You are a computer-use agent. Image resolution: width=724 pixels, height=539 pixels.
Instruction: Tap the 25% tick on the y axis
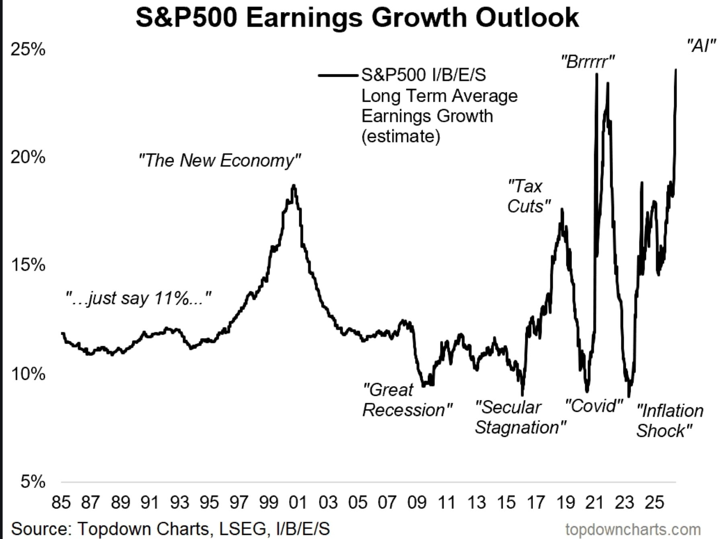[28, 50]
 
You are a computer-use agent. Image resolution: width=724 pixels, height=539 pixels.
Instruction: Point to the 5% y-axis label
[33, 481]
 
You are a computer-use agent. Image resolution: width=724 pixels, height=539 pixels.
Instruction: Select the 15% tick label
[28, 265]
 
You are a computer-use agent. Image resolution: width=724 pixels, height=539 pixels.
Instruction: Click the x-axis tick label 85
[61, 503]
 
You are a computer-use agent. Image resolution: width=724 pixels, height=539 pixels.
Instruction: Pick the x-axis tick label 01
[298, 503]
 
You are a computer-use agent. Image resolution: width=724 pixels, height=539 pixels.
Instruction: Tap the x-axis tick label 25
[654, 503]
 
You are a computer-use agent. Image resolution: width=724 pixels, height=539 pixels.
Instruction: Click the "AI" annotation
[701, 46]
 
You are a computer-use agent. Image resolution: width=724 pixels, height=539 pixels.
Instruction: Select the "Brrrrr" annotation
[588, 62]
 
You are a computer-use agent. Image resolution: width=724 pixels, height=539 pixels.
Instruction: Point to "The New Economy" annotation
[219, 160]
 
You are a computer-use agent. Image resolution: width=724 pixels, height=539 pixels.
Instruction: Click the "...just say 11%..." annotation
[138, 298]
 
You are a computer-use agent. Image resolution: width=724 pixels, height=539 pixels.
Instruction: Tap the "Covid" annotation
[594, 406]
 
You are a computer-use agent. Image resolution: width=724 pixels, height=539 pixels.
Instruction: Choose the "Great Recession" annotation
[407, 400]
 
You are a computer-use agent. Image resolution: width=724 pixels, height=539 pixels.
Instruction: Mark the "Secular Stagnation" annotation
[520, 417]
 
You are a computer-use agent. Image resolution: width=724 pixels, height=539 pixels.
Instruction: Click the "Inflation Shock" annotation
[670, 421]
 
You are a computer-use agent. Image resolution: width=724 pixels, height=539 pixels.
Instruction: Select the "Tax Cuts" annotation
[529, 196]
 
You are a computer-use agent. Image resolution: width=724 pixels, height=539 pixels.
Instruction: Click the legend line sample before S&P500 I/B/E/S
[337, 75]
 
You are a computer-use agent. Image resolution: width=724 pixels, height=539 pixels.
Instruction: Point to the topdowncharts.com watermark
[633, 529]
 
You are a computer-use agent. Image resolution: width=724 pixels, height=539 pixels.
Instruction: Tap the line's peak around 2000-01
[294, 186]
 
